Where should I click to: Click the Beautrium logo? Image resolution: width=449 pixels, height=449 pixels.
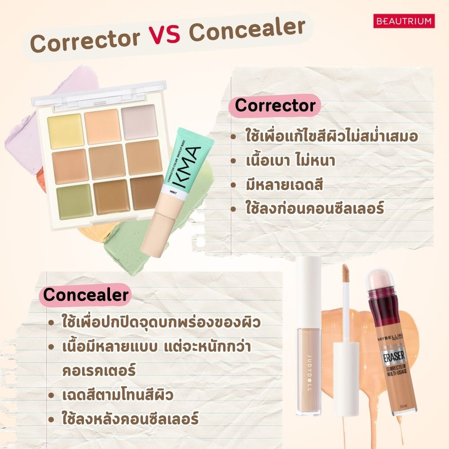coord(404,21)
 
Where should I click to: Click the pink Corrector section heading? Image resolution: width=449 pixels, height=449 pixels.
coord(275,106)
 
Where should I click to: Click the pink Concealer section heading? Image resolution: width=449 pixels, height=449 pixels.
coord(86,295)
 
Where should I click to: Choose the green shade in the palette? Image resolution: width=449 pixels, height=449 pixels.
coord(75,201)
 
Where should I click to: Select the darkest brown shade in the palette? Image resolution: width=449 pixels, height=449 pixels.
coord(146,192)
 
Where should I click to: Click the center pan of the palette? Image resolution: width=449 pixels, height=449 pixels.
coord(106,161)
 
